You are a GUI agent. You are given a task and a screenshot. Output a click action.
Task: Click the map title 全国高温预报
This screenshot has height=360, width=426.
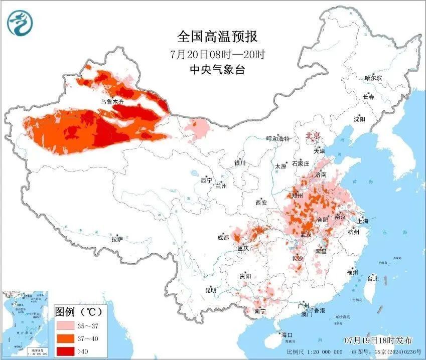pyautogui.click(x=217, y=37)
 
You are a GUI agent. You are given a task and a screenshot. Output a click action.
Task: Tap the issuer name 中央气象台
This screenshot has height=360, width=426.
pyautogui.click(x=217, y=70)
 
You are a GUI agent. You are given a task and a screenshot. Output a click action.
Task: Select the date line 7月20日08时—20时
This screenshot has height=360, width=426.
pyautogui.click(x=217, y=54)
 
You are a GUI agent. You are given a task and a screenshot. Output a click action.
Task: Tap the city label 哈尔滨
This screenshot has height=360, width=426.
pyautogui.click(x=373, y=78)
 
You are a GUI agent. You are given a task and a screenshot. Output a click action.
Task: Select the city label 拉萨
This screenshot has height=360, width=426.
pyautogui.click(x=117, y=239)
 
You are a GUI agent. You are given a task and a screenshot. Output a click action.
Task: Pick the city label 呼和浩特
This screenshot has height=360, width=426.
pyautogui.click(x=277, y=139)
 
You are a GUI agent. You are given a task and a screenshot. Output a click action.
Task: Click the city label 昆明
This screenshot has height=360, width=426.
pyautogui.click(x=211, y=290)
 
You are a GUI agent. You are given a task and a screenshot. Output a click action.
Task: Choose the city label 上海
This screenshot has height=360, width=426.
pyautogui.click(x=363, y=221)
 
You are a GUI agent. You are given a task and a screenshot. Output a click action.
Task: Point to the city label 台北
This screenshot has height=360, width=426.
pyautogui.click(x=373, y=278)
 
